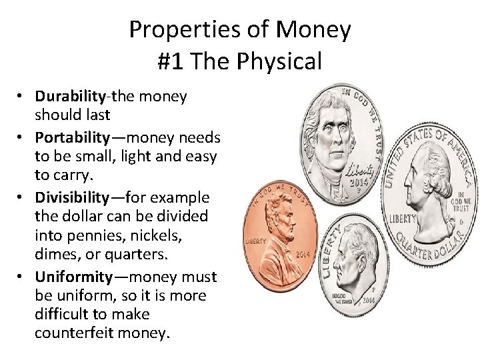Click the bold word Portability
(x=73, y=138)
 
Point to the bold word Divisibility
(x=73, y=198)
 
